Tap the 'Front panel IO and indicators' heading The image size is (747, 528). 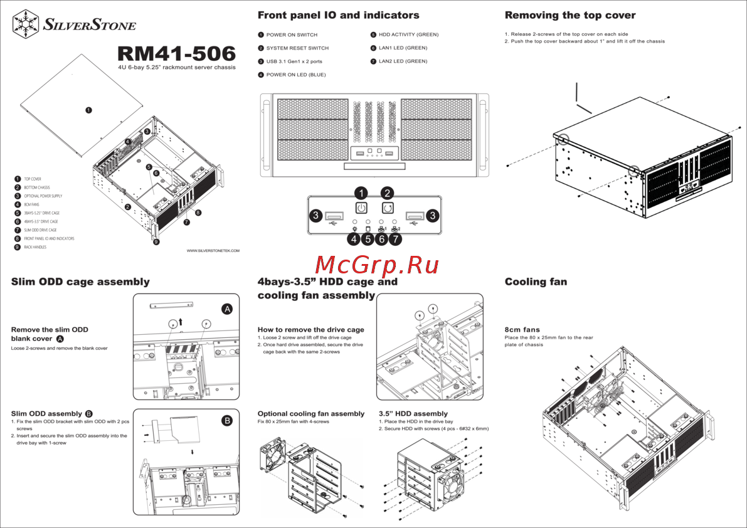[x=338, y=15]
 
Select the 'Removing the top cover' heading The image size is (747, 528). [x=570, y=15]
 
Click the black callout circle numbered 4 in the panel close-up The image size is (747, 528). [x=354, y=238]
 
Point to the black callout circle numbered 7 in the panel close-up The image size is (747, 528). [x=395, y=238]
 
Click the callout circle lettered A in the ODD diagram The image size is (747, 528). [x=227, y=309]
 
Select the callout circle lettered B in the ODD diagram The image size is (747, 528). [x=227, y=421]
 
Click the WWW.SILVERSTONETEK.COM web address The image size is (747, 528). [x=213, y=251]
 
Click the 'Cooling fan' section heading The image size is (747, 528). [x=536, y=282]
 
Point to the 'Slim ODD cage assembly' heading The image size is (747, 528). [x=80, y=282]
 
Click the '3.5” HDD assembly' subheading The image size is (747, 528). [x=413, y=414]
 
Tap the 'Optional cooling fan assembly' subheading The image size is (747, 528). [x=310, y=414]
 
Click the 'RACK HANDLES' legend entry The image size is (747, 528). [x=34, y=248]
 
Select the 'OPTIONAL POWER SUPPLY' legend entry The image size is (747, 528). [x=43, y=196]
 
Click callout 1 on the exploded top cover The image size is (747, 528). [x=89, y=110]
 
